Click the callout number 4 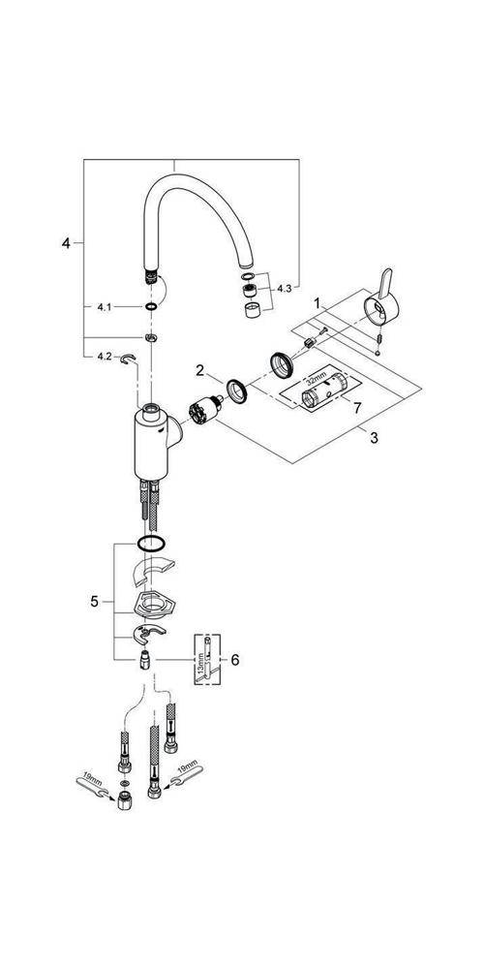pos(67,243)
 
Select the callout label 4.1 pos(106,307)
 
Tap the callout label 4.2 pos(106,357)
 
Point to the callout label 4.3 pos(284,288)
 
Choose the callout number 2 pos(199,370)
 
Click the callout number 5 pos(95,602)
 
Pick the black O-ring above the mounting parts pos(151,545)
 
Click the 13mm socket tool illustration pos(205,664)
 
